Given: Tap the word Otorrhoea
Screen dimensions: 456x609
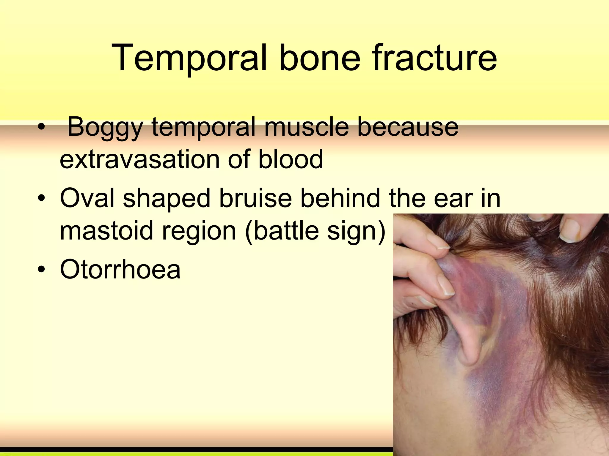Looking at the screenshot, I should coord(120,269).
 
